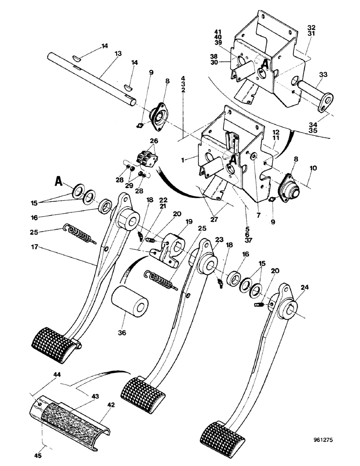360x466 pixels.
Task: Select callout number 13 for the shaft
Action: [118, 54]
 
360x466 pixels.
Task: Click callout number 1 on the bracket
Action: [185, 159]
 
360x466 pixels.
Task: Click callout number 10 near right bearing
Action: [312, 167]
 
